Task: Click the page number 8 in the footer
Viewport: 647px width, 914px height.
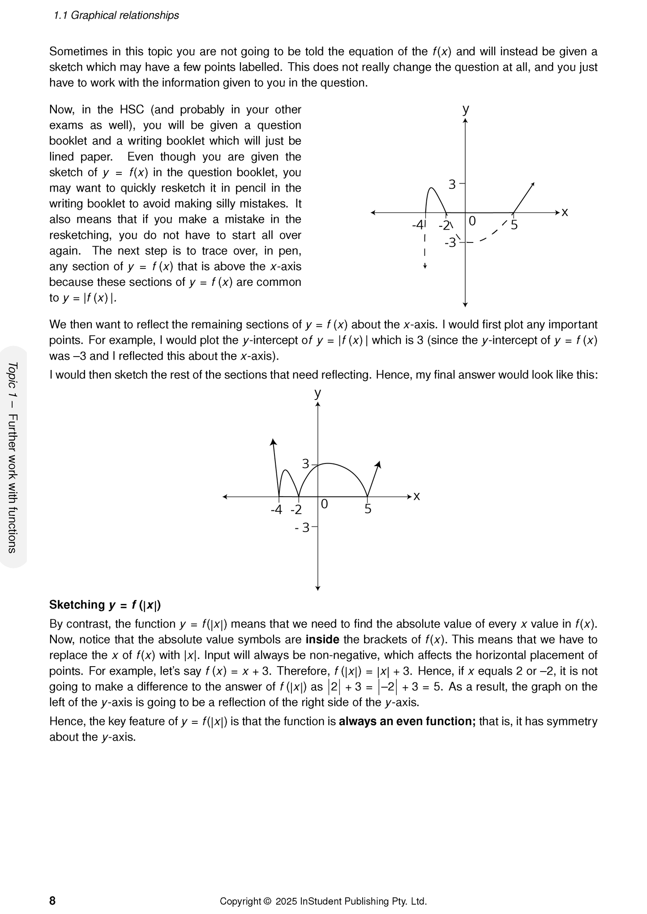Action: [x=52, y=901]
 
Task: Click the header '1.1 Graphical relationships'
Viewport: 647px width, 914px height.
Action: [x=116, y=15]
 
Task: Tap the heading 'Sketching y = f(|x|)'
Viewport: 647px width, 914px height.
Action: [x=105, y=605]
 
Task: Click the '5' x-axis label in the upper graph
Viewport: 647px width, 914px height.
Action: [x=514, y=225]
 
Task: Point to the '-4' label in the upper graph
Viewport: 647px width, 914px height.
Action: [x=417, y=225]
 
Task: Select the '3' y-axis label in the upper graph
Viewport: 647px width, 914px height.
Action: [x=452, y=184]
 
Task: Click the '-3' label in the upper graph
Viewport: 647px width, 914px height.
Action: [x=450, y=243]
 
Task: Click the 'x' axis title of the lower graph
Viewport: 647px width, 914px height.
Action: [x=416, y=496]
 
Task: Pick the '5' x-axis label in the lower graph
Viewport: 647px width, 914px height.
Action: [x=368, y=509]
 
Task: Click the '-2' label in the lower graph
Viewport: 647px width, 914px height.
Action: [x=296, y=510]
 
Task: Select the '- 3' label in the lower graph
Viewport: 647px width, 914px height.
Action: [x=302, y=528]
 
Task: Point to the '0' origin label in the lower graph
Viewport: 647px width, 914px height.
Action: [x=325, y=505]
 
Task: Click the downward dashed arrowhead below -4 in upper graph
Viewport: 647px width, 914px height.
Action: [x=425, y=267]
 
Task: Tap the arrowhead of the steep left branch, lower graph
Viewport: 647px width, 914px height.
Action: [x=273, y=442]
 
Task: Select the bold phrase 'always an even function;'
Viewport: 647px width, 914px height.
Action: [x=407, y=721]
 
